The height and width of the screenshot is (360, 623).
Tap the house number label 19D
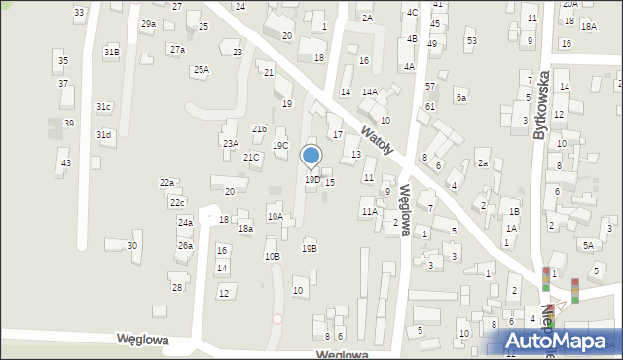pyautogui.click(x=311, y=179)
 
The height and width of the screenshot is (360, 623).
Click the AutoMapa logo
pyautogui.click(x=561, y=342)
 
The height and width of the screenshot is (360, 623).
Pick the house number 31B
pyautogui.click(x=112, y=52)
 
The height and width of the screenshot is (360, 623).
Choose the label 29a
pyautogui.click(x=148, y=23)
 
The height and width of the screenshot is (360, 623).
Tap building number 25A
pyautogui.click(x=201, y=69)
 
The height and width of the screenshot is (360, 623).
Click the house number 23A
pyautogui.click(x=230, y=143)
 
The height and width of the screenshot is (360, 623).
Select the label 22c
pyautogui.click(x=177, y=202)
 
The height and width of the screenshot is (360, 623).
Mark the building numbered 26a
pyautogui.click(x=185, y=246)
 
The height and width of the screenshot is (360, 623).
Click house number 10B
pyautogui.click(x=273, y=256)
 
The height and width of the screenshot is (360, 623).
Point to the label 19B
pyautogui.click(x=309, y=248)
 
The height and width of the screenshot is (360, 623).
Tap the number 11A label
pyautogui.click(x=369, y=211)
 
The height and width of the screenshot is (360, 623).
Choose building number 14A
pyautogui.click(x=370, y=91)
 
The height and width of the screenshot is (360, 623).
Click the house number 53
pyautogui.click(x=471, y=40)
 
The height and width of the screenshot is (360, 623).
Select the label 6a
pyautogui.click(x=461, y=98)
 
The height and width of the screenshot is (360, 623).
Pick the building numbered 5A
pyautogui.click(x=589, y=246)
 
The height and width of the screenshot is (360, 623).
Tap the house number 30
pyautogui.click(x=132, y=245)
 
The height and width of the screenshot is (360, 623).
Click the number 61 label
pyautogui.click(x=429, y=107)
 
